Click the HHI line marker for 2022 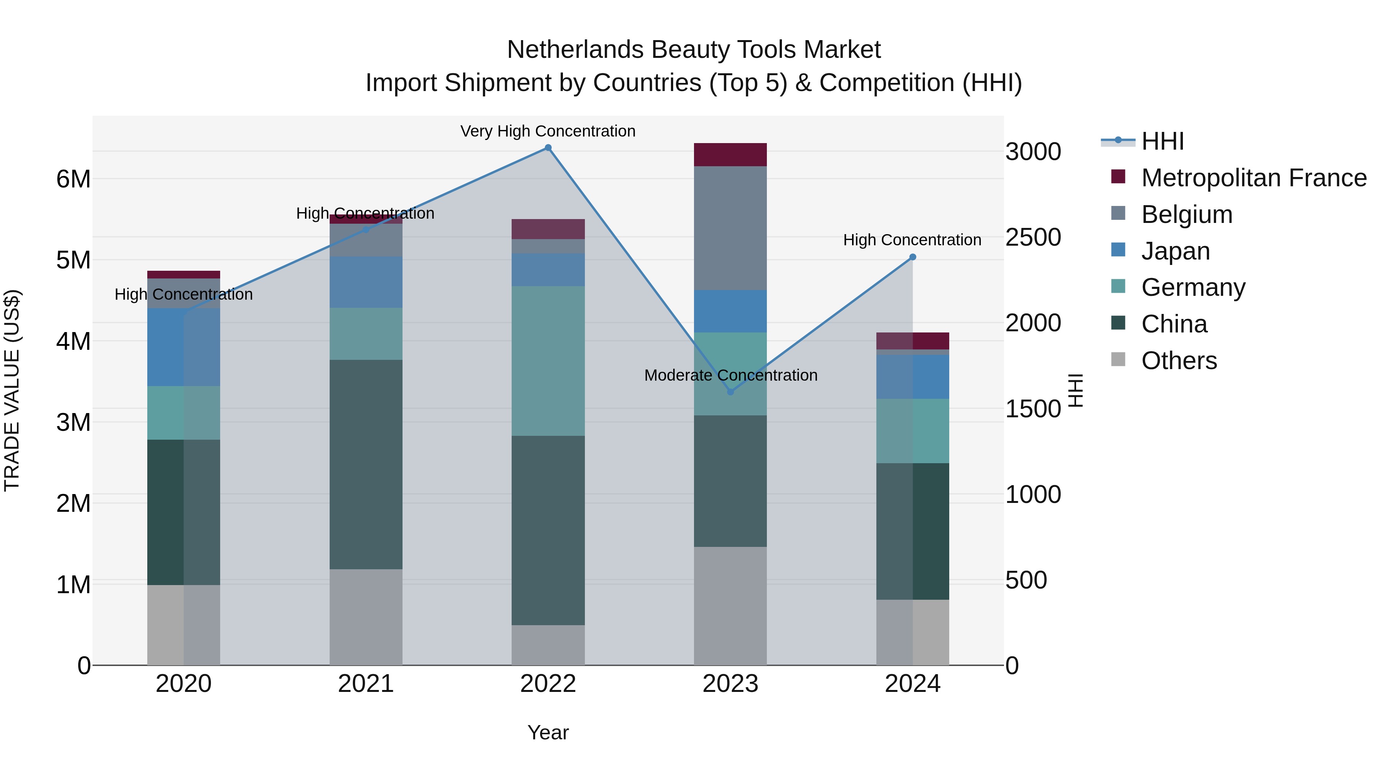click(548, 148)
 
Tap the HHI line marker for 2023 click(730, 392)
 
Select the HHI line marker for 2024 click(912, 257)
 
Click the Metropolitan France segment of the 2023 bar click(730, 155)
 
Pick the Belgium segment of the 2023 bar click(730, 228)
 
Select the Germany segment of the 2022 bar click(548, 361)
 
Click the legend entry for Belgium click(1186, 214)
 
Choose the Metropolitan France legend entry click(1253, 178)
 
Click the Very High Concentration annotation click(548, 131)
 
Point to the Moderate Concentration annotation click(731, 375)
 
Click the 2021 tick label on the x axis click(366, 684)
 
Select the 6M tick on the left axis click(73, 179)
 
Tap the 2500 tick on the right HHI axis click(1033, 237)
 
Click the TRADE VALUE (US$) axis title click(12, 390)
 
